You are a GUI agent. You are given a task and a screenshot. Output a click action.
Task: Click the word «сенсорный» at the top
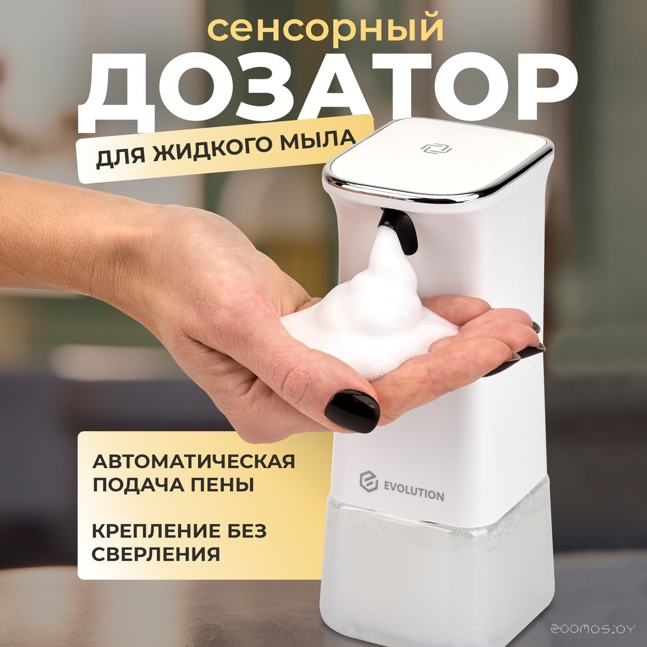point(326,30)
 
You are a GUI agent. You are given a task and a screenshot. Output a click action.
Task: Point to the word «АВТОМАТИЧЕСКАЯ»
point(194,461)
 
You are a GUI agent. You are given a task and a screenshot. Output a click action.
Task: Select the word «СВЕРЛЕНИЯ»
point(155,554)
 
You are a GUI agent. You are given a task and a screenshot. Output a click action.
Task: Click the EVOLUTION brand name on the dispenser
point(414,495)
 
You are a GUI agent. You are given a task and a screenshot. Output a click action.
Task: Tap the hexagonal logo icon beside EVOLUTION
point(368,481)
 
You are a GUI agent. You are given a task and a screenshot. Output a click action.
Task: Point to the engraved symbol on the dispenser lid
point(436,149)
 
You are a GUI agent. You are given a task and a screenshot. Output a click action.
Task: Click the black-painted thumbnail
point(352,411)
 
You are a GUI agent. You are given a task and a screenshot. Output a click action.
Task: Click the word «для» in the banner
point(121,158)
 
